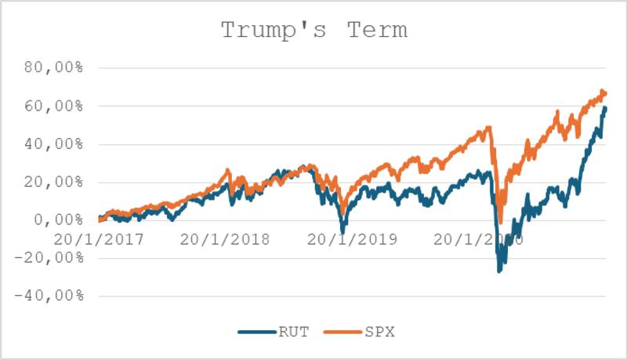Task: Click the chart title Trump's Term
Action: tap(313, 31)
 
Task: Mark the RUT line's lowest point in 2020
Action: tap(499, 271)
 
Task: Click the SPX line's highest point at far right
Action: tap(602, 91)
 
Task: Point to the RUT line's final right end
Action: tap(605, 108)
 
